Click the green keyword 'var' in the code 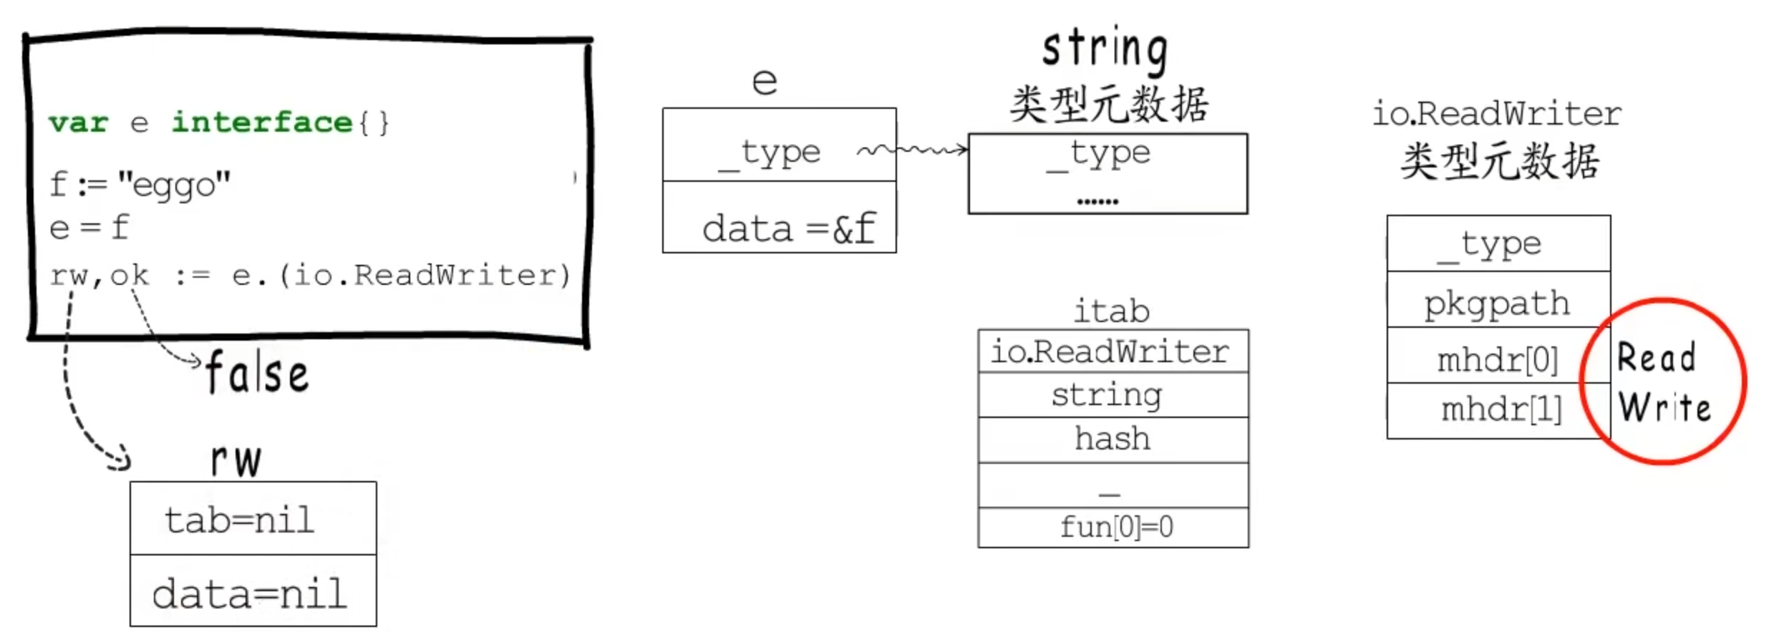[x=78, y=122]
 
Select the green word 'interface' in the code [x=262, y=122]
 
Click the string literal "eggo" [x=175, y=185]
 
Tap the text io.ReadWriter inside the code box [x=425, y=275]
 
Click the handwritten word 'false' [x=257, y=373]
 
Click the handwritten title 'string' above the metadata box [x=1105, y=49]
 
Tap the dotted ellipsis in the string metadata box [x=1097, y=201]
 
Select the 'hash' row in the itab [x=1112, y=439]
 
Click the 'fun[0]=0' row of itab [x=1115, y=528]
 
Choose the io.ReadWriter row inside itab [x=1110, y=351]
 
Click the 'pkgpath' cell [x=1498, y=302]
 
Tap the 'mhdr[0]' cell [x=1498, y=359]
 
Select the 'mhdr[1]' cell [x=1500, y=409]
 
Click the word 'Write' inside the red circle [x=1664, y=407]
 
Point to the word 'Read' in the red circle [x=1657, y=357]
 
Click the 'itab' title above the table [x=1112, y=311]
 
